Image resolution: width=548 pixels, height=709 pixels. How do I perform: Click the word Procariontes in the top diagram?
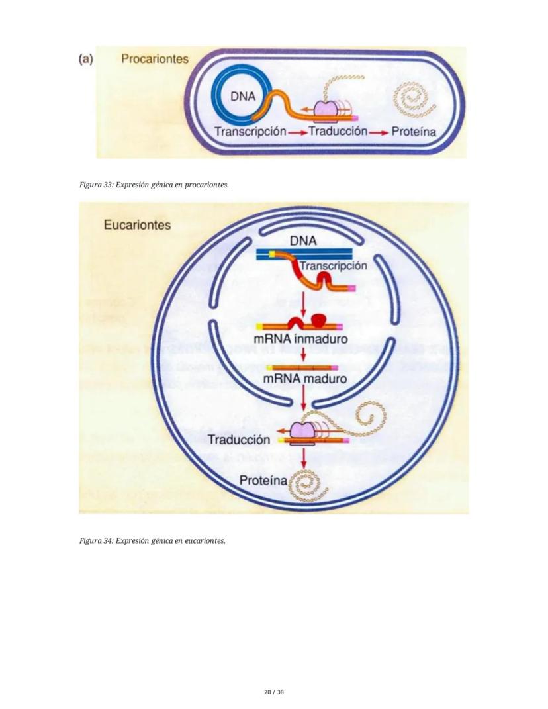(x=154, y=59)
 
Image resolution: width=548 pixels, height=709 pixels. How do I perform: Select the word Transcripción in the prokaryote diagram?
(x=250, y=131)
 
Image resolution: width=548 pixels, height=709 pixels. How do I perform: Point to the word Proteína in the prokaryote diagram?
(x=414, y=131)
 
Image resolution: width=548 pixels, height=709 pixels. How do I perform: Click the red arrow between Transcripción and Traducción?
(x=298, y=132)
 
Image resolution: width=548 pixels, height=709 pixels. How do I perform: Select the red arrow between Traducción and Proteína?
(x=379, y=132)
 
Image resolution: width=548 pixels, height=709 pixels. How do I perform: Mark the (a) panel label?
(x=85, y=59)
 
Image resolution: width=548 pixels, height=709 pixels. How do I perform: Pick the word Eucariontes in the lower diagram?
(x=137, y=225)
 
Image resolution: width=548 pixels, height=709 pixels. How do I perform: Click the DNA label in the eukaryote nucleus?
(x=303, y=242)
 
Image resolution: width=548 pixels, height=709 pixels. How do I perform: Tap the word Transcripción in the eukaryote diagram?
(x=333, y=266)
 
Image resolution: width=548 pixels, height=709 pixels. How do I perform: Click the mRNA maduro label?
(x=298, y=380)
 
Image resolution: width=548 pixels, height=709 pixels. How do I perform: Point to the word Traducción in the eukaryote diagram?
(x=239, y=440)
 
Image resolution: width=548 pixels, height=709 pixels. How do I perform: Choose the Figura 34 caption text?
(x=152, y=540)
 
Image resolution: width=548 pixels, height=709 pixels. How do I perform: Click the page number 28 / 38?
(x=273, y=692)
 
